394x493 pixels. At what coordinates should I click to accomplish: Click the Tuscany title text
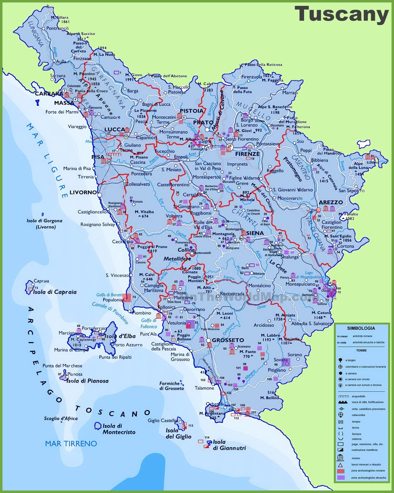[341, 14]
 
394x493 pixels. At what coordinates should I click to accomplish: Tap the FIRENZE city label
[247, 154]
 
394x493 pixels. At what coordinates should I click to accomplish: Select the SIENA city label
[255, 233]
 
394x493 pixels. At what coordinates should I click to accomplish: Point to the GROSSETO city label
[228, 340]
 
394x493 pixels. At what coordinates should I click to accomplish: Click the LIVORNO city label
[83, 192]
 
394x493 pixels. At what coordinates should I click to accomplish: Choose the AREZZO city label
[331, 202]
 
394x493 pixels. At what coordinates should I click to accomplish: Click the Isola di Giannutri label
[229, 445]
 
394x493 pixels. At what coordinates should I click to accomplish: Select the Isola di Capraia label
[55, 292]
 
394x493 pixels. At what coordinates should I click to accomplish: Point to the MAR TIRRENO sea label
[71, 444]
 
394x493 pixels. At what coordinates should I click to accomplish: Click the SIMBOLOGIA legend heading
[361, 328]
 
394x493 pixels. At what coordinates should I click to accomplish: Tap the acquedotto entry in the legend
[358, 396]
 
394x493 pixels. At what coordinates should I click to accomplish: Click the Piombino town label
[142, 313]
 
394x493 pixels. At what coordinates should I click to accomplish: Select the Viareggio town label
[77, 126]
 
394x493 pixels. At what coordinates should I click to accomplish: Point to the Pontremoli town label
[57, 28]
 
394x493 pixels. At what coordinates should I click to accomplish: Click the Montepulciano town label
[300, 284]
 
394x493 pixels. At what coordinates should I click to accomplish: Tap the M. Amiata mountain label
[285, 315]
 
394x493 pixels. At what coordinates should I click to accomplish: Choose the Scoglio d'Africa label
[61, 418]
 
